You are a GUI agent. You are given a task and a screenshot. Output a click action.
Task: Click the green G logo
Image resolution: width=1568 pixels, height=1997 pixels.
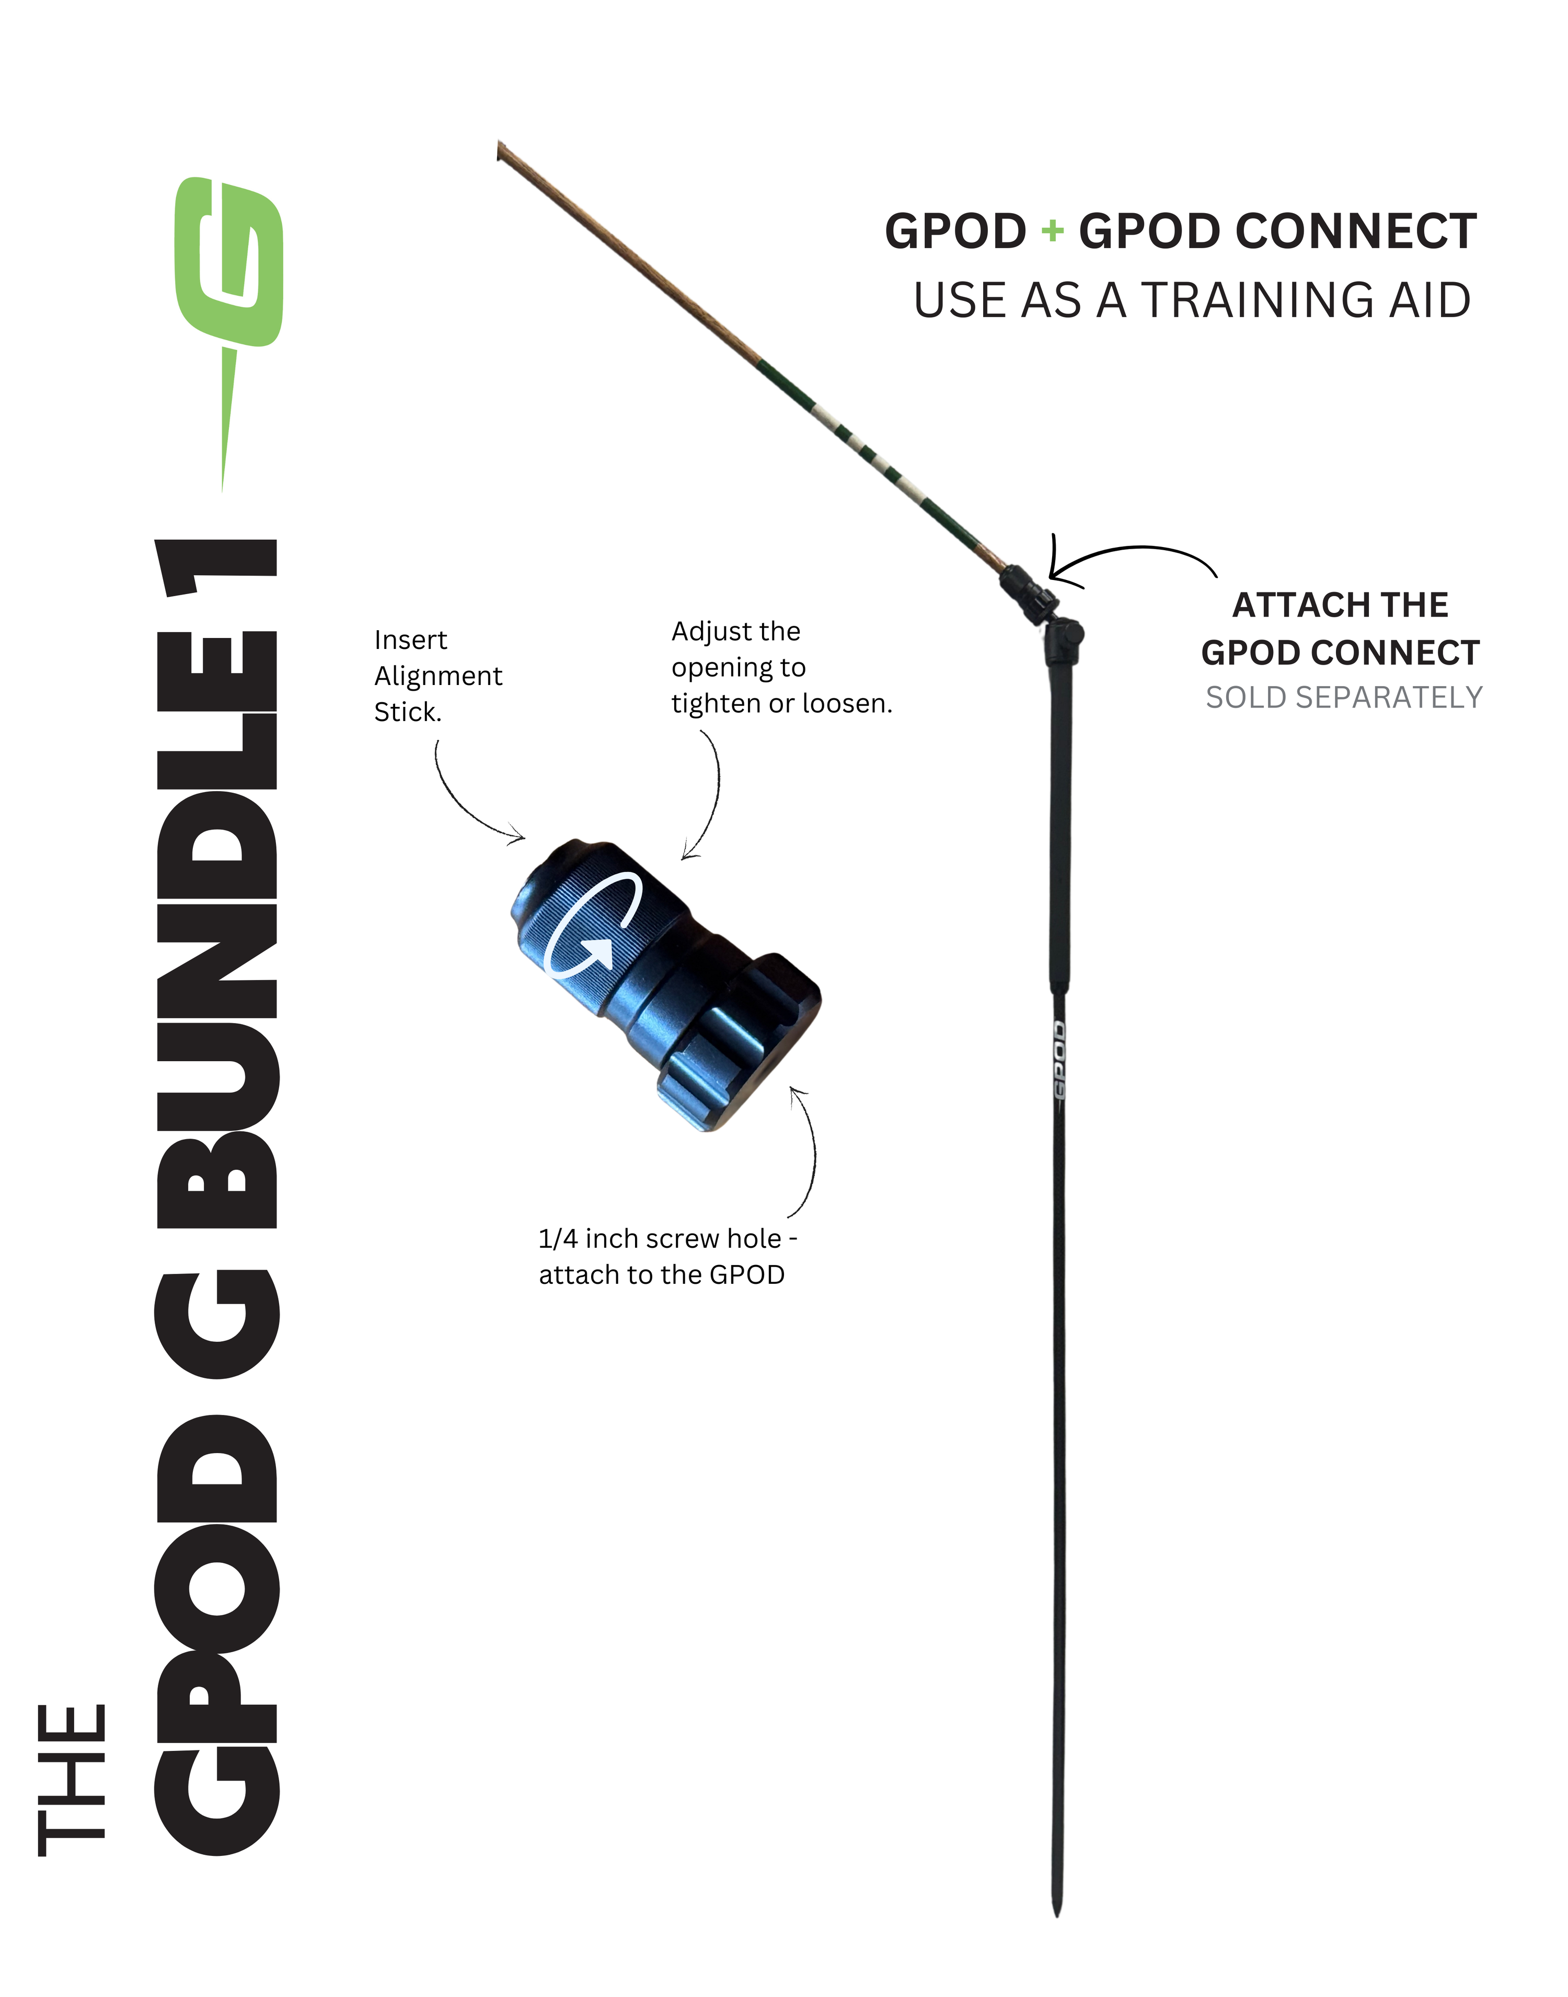pos(229,266)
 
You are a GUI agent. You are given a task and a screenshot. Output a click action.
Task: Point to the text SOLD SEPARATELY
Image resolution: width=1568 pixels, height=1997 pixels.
pos(1343,698)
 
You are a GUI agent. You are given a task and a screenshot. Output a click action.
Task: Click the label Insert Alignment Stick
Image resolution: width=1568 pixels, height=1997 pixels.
pos(438,676)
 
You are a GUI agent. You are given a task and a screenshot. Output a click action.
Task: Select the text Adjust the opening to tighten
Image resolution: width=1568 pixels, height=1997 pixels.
pos(780,667)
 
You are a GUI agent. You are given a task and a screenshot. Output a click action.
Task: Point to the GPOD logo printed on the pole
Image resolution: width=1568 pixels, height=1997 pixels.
pos(1058,1060)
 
